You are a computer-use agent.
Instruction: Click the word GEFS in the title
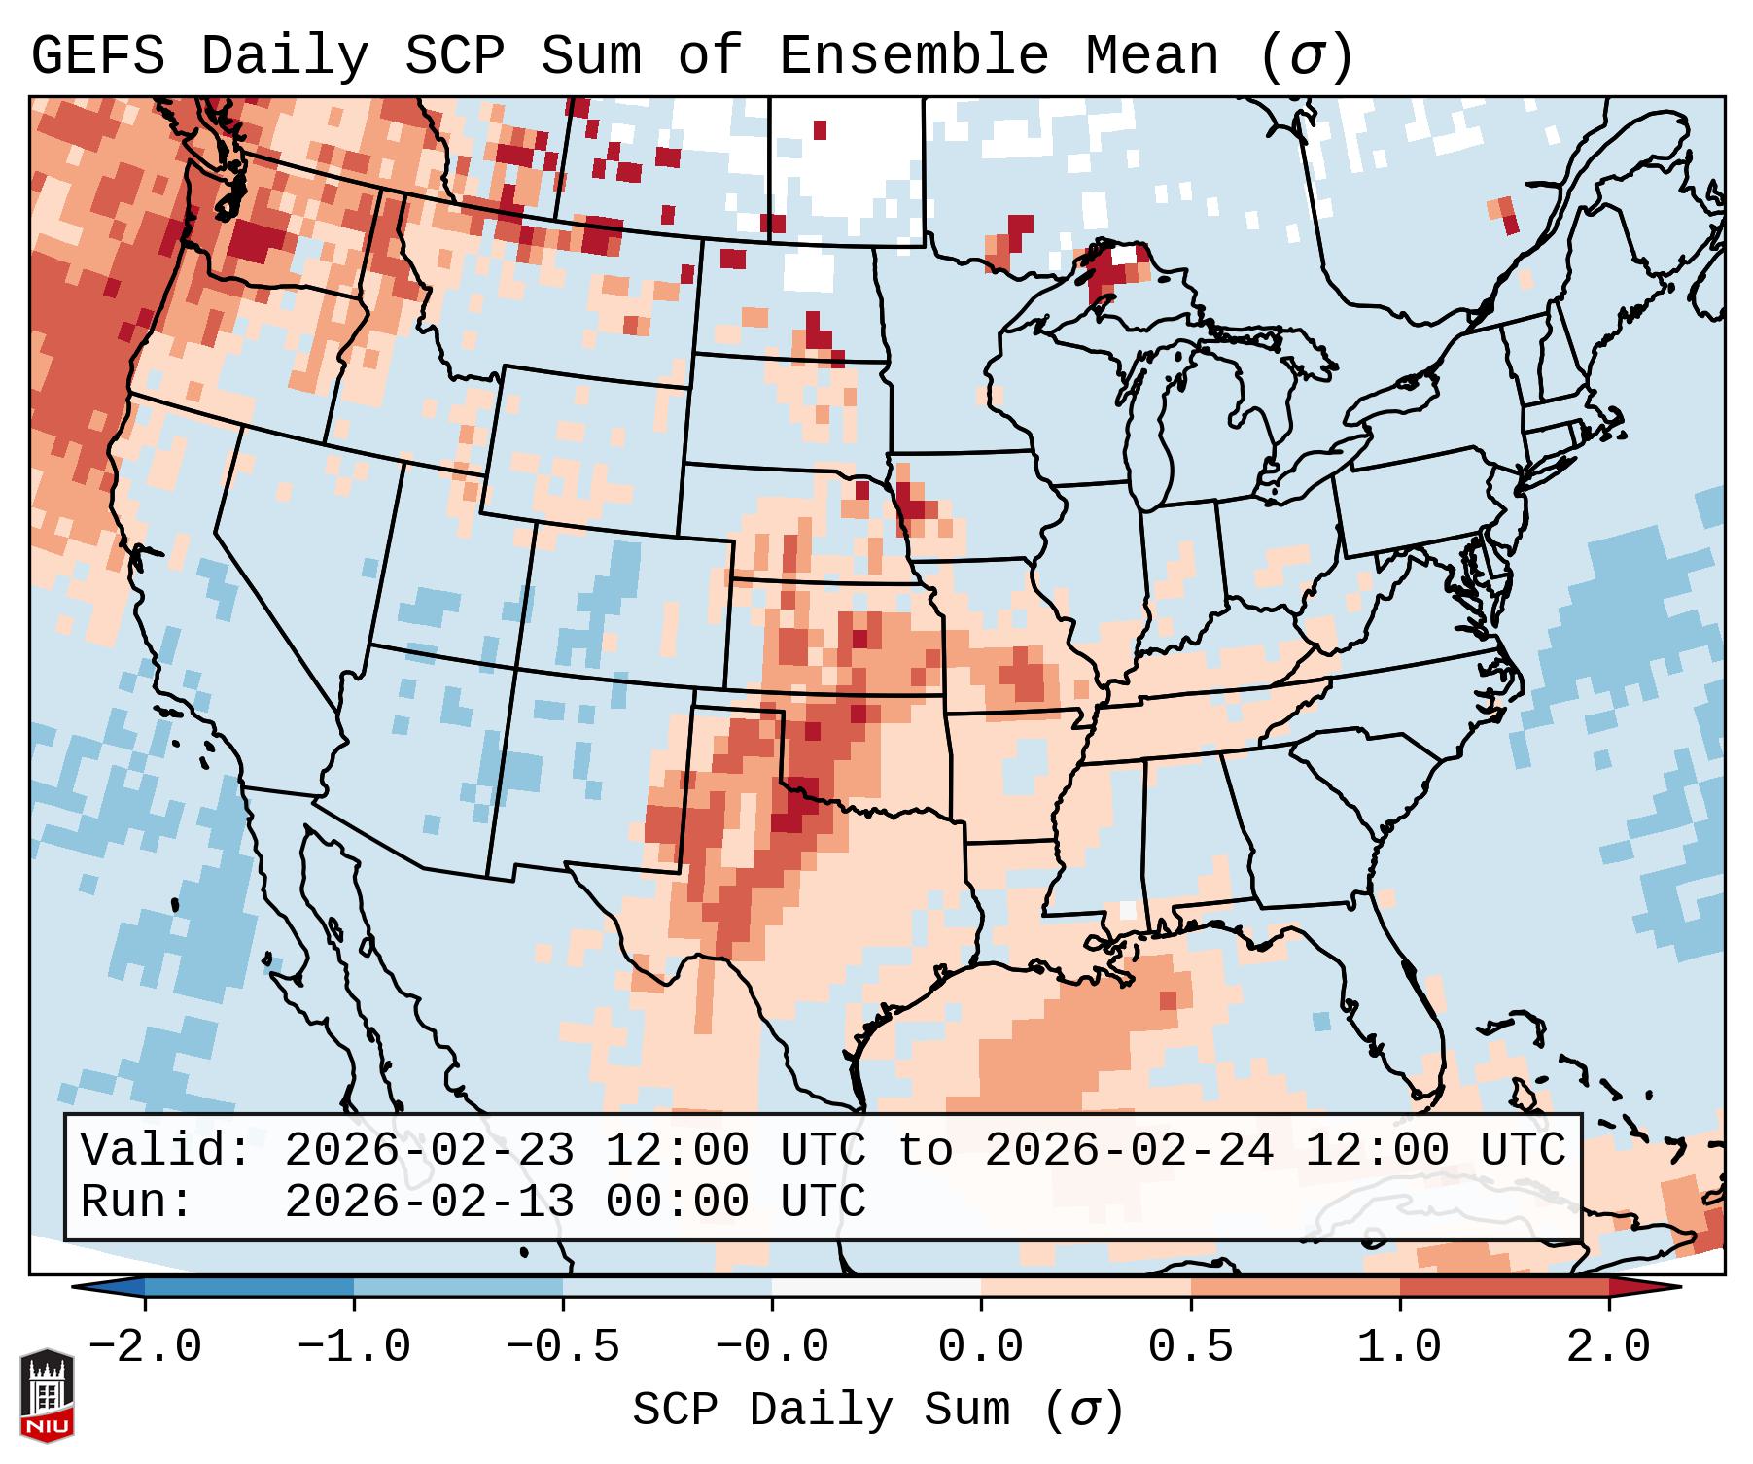click(97, 56)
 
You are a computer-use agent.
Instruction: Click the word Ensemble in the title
click(913, 56)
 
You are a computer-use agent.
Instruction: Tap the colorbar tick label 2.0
click(1608, 1347)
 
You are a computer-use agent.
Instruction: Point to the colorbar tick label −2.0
click(145, 1347)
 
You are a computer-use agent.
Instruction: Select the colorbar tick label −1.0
click(354, 1347)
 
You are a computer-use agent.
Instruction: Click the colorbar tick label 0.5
click(1190, 1347)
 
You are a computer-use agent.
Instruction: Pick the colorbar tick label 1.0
click(1399, 1347)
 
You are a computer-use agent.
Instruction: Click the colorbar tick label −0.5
click(563, 1347)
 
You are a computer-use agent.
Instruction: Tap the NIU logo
click(47, 1395)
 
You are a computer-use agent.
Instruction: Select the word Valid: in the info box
click(166, 1151)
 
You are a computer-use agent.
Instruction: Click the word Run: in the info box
click(137, 1203)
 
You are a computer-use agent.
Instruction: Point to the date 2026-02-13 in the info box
click(429, 1203)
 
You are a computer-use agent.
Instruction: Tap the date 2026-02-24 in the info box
click(1129, 1151)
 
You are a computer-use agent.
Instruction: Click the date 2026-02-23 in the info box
click(429, 1151)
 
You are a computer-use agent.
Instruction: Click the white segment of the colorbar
click(876, 1287)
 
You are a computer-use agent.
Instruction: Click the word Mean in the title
click(1151, 56)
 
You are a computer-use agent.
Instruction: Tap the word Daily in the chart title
click(284, 56)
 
